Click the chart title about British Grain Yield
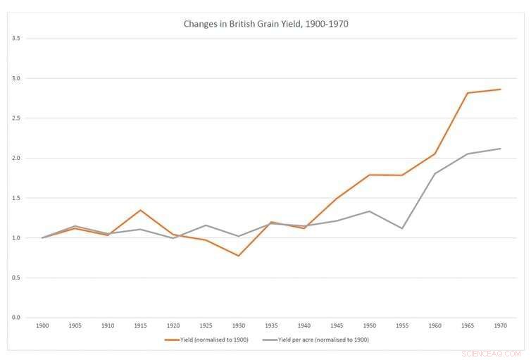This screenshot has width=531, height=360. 265,24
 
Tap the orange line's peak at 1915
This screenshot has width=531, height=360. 140,210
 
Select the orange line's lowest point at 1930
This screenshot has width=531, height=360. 239,256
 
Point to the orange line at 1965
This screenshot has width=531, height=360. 468,93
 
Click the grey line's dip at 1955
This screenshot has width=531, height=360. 402,228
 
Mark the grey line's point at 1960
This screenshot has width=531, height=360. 435,173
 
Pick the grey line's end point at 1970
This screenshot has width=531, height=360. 501,149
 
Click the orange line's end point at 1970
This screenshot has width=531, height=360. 501,89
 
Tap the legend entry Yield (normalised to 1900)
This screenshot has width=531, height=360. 208,340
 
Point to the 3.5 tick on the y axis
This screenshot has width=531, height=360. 15,38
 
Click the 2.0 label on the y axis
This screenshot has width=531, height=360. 15,158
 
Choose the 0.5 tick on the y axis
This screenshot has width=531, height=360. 15,278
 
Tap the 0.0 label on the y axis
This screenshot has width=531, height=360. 15,318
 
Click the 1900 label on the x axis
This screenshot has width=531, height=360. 42,325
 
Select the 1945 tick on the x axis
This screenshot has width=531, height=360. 337,325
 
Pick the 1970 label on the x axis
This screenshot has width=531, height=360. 501,325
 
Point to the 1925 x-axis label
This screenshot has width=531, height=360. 206,325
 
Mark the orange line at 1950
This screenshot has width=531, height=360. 370,175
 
